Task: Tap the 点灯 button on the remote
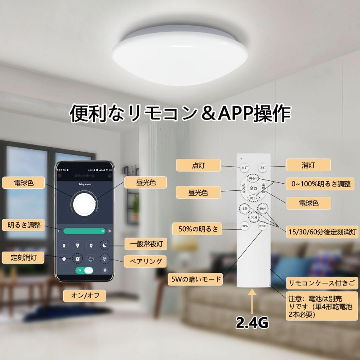click(244, 168)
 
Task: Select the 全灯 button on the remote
click(253, 188)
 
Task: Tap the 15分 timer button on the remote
click(244, 208)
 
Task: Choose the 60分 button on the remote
click(262, 208)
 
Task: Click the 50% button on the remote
click(244, 226)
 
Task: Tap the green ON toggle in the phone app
click(84, 270)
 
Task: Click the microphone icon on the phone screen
click(106, 270)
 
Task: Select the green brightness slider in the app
click(84, 231)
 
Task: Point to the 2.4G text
click(252, 322)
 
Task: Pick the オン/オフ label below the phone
click(84, 296)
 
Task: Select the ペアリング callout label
click(143, 262)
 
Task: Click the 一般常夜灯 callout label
click(143, 244)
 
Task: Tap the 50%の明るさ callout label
click(197, 229)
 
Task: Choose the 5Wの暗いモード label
click(195, 279)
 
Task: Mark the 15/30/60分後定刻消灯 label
click(322, 232)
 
